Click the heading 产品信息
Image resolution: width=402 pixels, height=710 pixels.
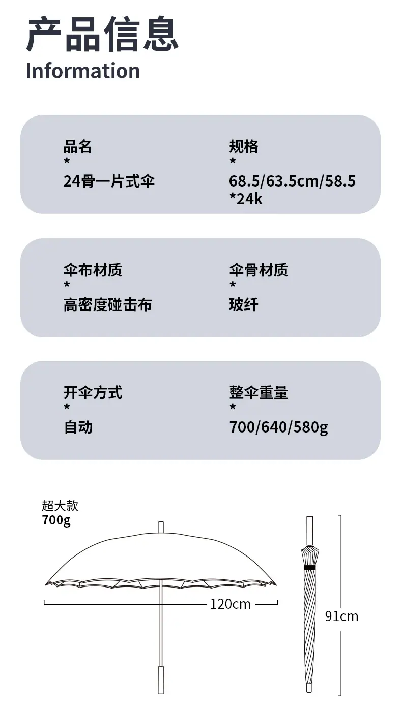pyautogui.click(x=102, y=34)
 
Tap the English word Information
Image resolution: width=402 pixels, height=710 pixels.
pyautogui.click(x=83, y=71)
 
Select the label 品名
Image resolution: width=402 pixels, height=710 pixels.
pyautogui.click(x=77, y=146)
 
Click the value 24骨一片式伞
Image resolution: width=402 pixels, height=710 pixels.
pyautogui.click(x=109, y=181)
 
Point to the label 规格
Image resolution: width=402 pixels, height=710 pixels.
pyautogui.click(x=244, y=146)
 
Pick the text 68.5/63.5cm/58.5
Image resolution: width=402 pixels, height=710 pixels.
pyautogui.click(x=292, y=181)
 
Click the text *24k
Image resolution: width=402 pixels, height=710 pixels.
pyautogui.click(x=246, y=199)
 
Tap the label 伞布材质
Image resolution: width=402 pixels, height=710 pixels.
pyautogui.click(x=93, y=270)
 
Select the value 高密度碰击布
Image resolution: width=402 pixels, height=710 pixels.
pyautogui.click(x=107, y=304)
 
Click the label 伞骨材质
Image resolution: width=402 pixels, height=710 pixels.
pyautogui.click(x=259, y=270)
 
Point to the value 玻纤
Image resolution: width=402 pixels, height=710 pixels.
pyautogui.click(x=244, y=304)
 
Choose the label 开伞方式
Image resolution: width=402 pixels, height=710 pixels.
pyautogui.click(x=93, y=392)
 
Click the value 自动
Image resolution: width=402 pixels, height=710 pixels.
pyautogui.click(x=78, y=427)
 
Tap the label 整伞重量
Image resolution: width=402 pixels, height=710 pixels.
pyautogui.click(x=259, y=392)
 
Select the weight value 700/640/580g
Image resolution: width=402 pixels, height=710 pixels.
pyautogui.click(x=278, y=427)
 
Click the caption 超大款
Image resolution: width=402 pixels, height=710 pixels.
pyautogui.click(x=60, y=506)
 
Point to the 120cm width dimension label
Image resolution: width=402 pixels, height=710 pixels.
pyautogui.click(x=231, y=604)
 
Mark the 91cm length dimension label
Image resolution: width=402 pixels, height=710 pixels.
pyautogui.click(x=342, y=616)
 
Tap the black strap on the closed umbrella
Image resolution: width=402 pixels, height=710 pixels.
pyautogui.click(x=310, y=568)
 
